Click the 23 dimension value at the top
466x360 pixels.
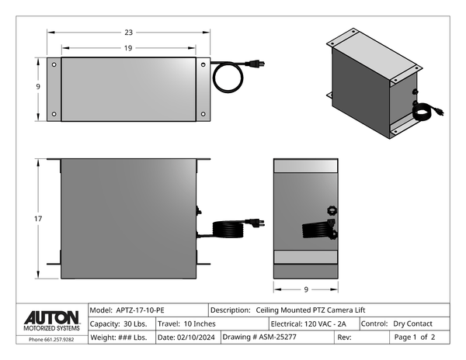[x=128, y=33]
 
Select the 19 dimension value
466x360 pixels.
[x=128, y=48]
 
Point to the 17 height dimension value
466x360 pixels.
[x=38, y=220]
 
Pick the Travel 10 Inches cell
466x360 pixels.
[x=187, y=324]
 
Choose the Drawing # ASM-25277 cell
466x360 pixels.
[x=256, y=337]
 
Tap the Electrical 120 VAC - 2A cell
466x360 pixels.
[x=309, y=324]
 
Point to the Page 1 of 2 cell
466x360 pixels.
[x=415, y=337]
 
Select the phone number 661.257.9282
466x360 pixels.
[x=51, y=340]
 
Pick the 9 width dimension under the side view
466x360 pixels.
[x=306, y=289]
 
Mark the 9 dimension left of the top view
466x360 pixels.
[x=38, y=87]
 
